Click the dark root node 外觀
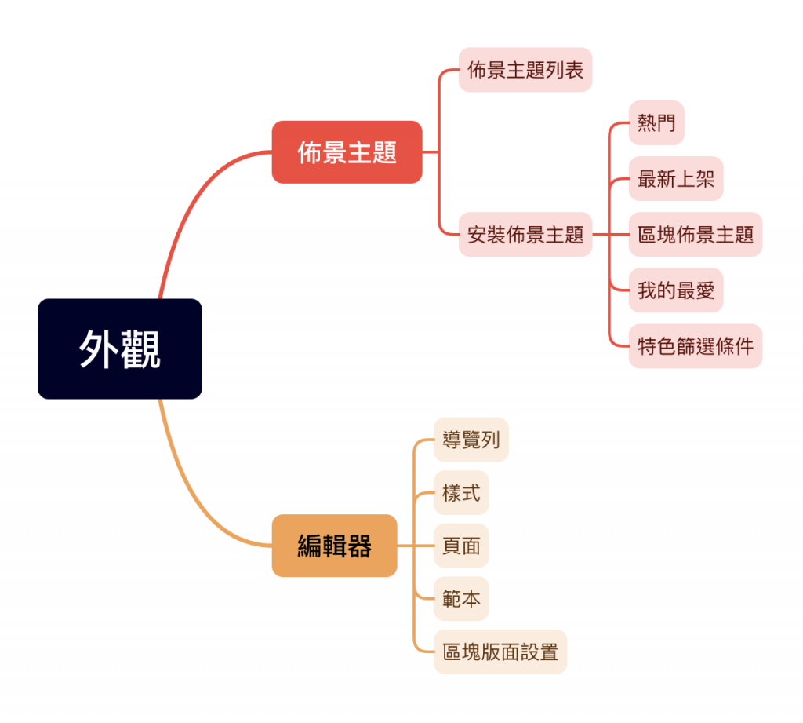coord(119,349)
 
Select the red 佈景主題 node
coord(347,152)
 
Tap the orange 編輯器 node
coord(334,546)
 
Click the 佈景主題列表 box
coord(525,70)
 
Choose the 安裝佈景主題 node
coord(525,234)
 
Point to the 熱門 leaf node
coord(656,122)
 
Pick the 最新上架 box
coord(676,178)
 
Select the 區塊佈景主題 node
coord(696,234)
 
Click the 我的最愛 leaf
coord(676,290)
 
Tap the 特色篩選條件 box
coord(696,346)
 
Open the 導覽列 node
coord(471,440)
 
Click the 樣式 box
coord(461,493)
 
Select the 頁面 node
coord(461,546)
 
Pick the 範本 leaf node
coord(461,599)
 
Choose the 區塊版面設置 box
coord(500,652)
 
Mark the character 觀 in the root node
coord(141,349)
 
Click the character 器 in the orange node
coord(360,546)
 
